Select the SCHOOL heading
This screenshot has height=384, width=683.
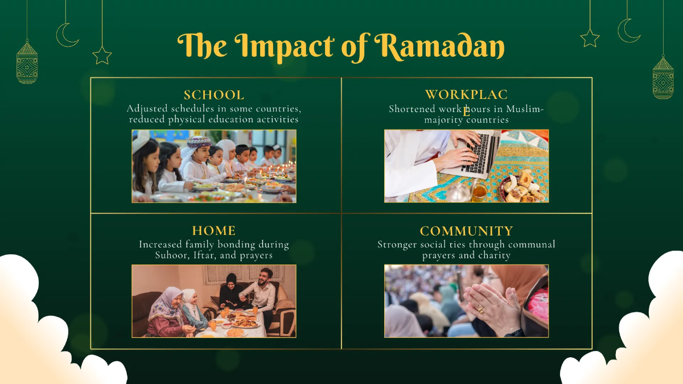click(x=214, y=95)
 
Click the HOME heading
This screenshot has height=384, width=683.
click(x=214, y=230)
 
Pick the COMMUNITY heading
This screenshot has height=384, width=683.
click(x=467, y=231)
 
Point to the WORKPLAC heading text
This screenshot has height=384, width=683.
click(x=466, y=95)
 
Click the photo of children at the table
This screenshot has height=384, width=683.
click(x=214, y=166)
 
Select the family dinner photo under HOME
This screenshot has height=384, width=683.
click(x=214, y=301)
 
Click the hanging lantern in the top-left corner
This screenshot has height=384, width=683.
click(x=27, y=63)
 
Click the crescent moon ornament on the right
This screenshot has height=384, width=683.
click(x=628, y=30)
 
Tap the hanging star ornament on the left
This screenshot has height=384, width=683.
click(x=102, y=55)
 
